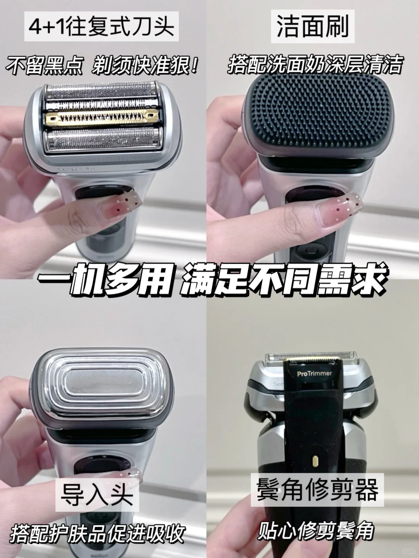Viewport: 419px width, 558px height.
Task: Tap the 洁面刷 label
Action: click(x=313, y=26)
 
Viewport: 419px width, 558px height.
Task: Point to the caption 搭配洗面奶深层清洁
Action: click(x=315, y=65)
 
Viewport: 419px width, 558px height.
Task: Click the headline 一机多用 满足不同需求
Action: click(x=211, y=282)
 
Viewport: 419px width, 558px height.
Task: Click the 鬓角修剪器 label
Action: click(x=317, y=490)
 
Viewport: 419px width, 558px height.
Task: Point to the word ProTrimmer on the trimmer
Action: click(x=315, y=374)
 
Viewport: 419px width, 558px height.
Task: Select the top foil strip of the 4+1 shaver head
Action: click(x=101, y=91)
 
